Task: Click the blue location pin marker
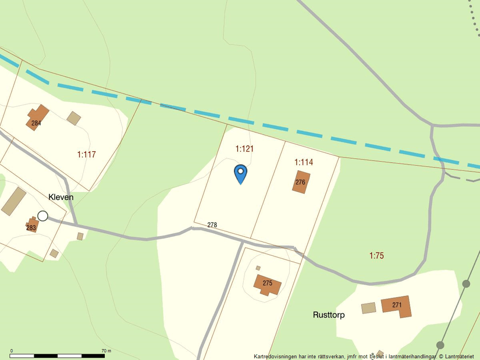pyautogui.click(x=240, y=173)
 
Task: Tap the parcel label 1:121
pyautogui.click(x=244, y=149)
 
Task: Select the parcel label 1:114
pyautogui.click(x=304, y=162)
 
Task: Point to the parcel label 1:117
pyautogui.click(x=86, y=155)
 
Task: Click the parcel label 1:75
pyautogui.click(x=376, y=255)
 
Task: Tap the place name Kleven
pyautogui.click(x=61, y=197)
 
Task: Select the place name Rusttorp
pyautogui.click(x=329, y=315)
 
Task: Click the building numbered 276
pyautogui.click(x=301, y=181)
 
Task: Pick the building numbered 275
pyautogui.click(x=267, y=284)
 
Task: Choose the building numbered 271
pyautogui.click(x=396, y=305)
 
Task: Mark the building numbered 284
pyautogui.click(x=37, y=117)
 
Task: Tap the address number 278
pyautogui.click(x=212, y=224)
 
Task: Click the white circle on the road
pyautogui.click(x=42, y=216)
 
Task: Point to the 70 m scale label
pyautogui.click(x=105, y=351)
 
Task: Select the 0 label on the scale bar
pyautogui.click(x=12, y=351)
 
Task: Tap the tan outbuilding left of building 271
pyautogui.click(x=369, y=308)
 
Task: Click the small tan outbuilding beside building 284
pyautogui.click(x=73, y=118)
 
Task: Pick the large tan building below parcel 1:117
pyautogui.click(x=14, y=201)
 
